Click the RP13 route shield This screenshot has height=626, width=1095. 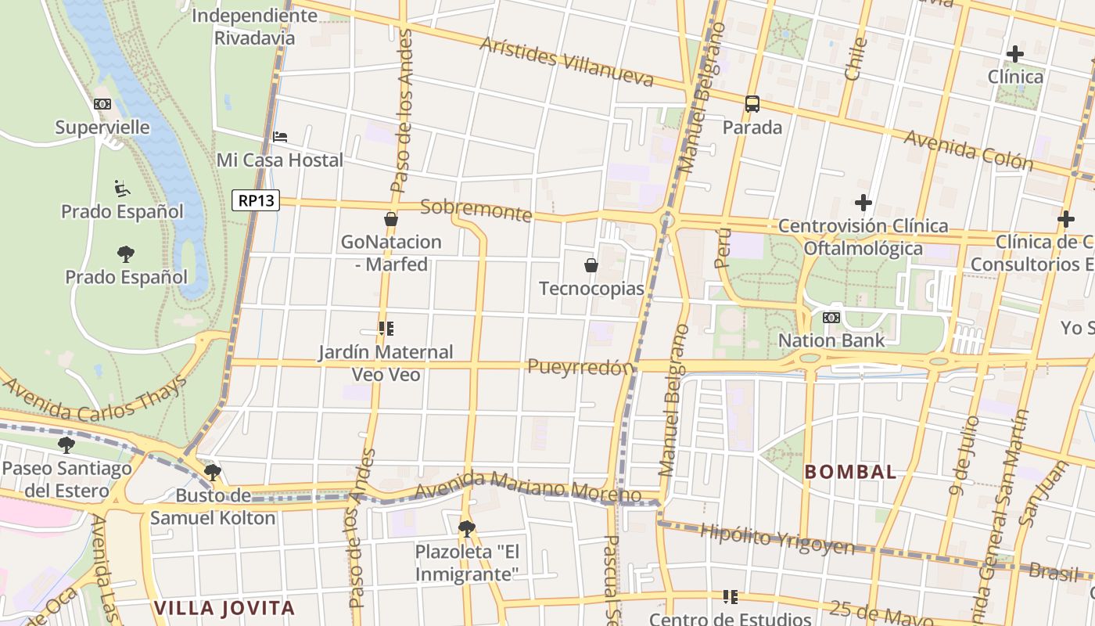click(x=256, y=200)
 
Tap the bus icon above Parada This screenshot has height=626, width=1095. click(x=752, y=103)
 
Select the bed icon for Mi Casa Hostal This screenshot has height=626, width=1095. click(x=280, y=137)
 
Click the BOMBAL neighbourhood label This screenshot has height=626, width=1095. click(x=851, y=472)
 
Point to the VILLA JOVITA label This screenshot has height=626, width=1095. click(x=224, y=607)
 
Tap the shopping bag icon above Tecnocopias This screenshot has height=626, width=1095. click(x=591, y=265)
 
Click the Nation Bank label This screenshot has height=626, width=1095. click(x=831, y=340)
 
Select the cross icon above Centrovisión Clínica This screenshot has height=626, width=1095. click(x=863, y=203)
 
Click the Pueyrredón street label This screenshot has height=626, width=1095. click(x=580, y=367)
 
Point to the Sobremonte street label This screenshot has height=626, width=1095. click(x=476, y=210)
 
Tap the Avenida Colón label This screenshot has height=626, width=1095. click(x=968, y=150)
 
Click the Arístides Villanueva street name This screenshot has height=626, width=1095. click(x=566, y=60)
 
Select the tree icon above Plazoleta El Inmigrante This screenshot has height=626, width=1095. click(x=466, y=528)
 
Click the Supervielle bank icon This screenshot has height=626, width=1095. click(x=102, y=104)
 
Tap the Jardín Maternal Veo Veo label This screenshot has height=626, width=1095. click(x=386, y=363)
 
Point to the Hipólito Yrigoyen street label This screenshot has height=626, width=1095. click(x=777, y=538)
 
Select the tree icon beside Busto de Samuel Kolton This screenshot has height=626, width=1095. click(x=212, y=472)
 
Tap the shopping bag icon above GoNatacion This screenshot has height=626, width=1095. click(x=391, y=219)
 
